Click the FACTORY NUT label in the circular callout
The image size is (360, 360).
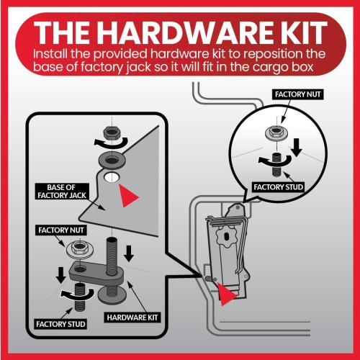coord(298,94)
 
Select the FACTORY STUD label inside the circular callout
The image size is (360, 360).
coord(279,187)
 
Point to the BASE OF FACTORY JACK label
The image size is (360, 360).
coord(62,192)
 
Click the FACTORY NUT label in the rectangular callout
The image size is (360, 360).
coord(61,230)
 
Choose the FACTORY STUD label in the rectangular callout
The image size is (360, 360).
coord(60,324)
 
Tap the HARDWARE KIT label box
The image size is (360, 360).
coord(132,318)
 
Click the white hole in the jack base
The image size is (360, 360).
coord(112,177)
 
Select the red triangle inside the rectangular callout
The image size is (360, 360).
coord(128,196)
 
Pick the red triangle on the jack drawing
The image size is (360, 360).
coord(225,294)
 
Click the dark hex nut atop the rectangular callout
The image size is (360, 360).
coord(112,133)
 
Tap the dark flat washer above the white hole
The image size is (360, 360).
coord(111,160)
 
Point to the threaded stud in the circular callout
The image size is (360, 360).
coord(277,166)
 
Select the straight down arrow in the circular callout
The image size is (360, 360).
coord(297,148)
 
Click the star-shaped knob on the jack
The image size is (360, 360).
coord(226,237)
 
